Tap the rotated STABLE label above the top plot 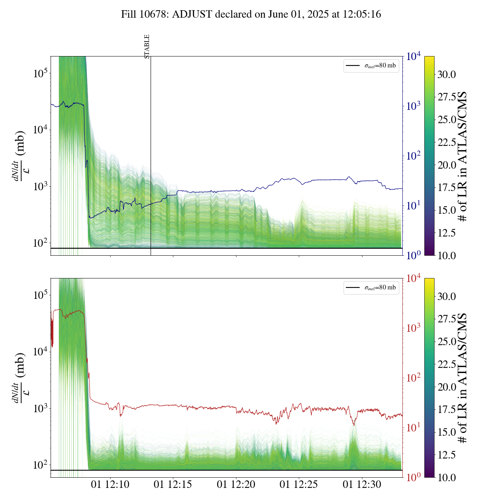tap(147, 47)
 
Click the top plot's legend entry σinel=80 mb tap(371, 65)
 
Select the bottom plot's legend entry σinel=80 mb tap(371, 287)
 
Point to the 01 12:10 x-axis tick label tap(110, 485)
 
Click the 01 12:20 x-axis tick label tap(236, 485)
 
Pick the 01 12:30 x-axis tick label tap(362, 485)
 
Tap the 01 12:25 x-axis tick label tap(299, 485)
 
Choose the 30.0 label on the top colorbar tap(447, 75)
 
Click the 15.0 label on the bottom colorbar tap(447, 432)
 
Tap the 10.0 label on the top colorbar tap(447, 255)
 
